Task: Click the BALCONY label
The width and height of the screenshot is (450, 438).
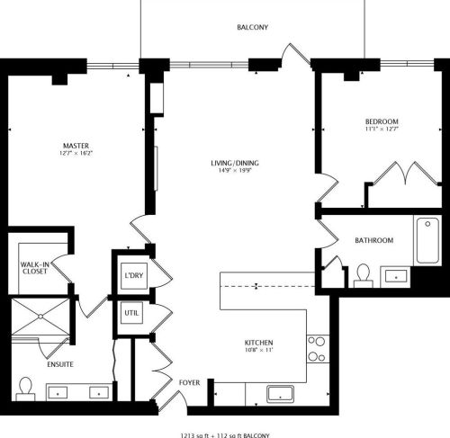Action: tap(252, 28)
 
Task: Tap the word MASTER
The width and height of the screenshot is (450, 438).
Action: tap(76, 145)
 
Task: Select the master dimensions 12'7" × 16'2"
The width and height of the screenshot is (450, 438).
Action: tap(76, 154)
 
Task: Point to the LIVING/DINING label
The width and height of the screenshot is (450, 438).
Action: tap(235, 163)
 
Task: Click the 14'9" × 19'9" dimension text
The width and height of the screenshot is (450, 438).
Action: tap(235, 171)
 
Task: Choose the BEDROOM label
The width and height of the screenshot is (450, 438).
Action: tap(382, 121)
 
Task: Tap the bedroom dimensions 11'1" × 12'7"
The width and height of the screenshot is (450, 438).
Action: tap(382, 130)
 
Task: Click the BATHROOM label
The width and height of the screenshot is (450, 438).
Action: tap(373, 240)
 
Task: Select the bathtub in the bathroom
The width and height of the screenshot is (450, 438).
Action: tap(427, 240)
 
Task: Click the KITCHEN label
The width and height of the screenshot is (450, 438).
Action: tap(259, 344)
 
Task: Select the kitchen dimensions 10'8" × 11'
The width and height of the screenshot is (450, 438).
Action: tap(259, 352)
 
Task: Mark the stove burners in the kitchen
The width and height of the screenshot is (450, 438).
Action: tap(317, 348)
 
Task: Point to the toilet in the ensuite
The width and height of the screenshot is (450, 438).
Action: tap(26, 388)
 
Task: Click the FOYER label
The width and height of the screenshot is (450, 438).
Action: tap(189, 382)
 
